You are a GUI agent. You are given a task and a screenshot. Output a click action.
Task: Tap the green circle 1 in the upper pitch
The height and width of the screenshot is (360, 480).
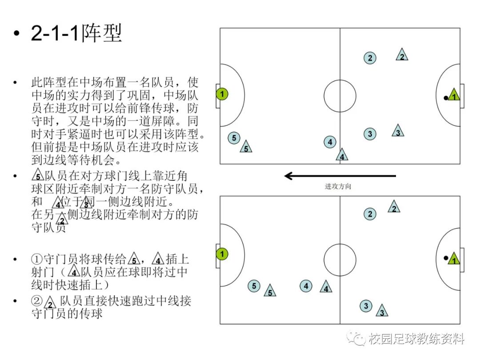click(222, 94)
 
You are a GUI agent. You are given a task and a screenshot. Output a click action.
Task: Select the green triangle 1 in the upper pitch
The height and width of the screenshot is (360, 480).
click(453, 95)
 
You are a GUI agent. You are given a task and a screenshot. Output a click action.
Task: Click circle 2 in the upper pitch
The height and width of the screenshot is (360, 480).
click(370, 58)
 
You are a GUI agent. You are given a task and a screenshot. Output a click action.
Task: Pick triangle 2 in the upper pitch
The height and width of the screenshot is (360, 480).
click(402, 55)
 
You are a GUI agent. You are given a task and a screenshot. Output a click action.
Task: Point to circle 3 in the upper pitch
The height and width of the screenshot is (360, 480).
click(370, 134)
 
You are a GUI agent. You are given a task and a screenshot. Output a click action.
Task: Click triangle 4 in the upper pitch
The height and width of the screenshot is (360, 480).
click(342, 155)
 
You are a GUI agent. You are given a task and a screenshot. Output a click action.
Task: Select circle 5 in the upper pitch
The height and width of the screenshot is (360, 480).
click(234, 138)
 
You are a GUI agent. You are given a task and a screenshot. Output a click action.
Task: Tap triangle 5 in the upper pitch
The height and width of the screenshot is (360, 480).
click(246, 147)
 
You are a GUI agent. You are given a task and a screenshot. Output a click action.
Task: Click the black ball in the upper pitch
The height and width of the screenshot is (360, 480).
click(445, 98)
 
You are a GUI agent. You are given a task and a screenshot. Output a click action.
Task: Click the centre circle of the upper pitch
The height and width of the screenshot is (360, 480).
click(340, 96)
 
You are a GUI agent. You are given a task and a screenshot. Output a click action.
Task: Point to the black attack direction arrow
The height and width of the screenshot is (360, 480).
click(340, 176)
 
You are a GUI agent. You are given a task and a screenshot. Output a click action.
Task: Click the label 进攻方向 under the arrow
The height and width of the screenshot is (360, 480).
click(338, 187)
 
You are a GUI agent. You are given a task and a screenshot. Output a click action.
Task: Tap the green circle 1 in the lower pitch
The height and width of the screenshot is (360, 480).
click(222, 254)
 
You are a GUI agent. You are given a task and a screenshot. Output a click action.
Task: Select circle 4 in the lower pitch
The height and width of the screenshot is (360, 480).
click(306, 286)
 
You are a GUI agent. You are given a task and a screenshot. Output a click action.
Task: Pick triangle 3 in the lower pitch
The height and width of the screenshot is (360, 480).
click(381, 311)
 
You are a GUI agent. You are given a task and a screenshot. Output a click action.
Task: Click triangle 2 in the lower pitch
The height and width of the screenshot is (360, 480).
click(393, 207)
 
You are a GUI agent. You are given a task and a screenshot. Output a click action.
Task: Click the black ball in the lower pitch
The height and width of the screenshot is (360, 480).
click(445, 258)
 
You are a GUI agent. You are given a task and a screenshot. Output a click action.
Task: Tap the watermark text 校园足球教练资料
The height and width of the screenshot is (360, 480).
click(416, 340)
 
